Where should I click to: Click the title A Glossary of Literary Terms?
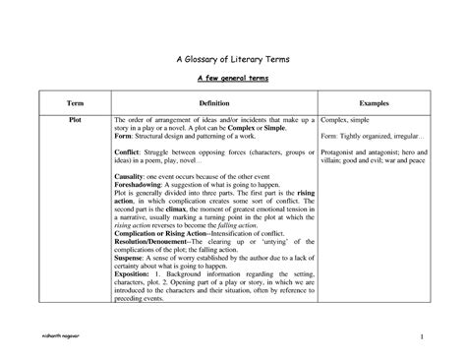click(232, 57)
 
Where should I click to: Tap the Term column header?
click(75, 102)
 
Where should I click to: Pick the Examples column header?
click(376, 102)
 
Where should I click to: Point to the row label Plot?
click(75, 117)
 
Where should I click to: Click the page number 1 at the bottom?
click(419, 339)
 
